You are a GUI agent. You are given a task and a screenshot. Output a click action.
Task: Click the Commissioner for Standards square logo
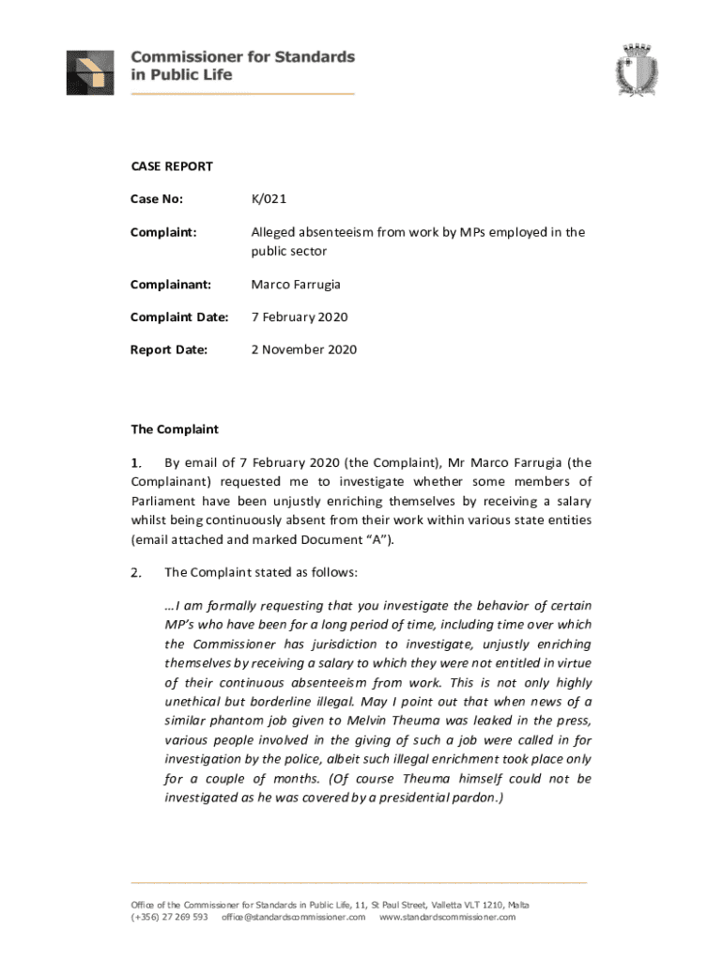tap(91, 72)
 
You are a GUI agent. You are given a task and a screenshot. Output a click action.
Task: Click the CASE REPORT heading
tap(171, 166)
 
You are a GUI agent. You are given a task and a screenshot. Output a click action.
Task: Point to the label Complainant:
tap(171, 284)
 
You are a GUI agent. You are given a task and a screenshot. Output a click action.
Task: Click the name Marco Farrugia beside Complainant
tap(297, 284)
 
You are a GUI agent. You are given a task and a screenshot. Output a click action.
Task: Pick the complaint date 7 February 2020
tap(300, 317)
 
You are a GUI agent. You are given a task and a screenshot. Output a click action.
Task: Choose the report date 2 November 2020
tap(303, 349)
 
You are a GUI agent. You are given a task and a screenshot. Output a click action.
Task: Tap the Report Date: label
tap(169, 349)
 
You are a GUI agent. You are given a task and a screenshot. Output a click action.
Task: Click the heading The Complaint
tap(174, 429)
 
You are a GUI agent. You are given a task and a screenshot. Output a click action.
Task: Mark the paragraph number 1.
tap(136, 462)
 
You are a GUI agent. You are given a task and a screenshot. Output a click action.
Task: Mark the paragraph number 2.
tap(136, 572)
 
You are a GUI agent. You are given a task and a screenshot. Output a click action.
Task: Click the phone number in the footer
tap(169, 917)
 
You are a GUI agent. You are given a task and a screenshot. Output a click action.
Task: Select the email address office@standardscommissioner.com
tap(293, 917)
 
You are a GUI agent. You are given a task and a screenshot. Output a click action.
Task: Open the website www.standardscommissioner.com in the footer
tap(447, 917)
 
